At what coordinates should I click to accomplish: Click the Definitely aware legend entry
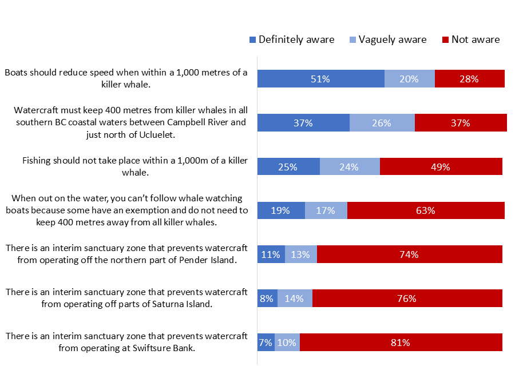pyautogui.click(x=292, y=39)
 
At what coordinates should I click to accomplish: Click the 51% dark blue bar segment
pyautogui.click(x=320, y=79)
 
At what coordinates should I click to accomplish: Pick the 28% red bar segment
pyautogui.click(x=469, y=79)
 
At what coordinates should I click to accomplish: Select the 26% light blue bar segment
pyautogui.click(x=382, y=123)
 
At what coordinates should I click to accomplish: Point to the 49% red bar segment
pyautogui.click(x=441, y=166)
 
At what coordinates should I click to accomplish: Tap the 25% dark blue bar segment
pyautogui.click(x=288, y=166)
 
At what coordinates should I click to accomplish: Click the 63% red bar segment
pyautogui.click(x=426, y=210)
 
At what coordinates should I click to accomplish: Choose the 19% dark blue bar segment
pyautogui.click(x=281, y=210)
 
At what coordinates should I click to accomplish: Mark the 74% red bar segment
pyautogui.click(x=409, y=254)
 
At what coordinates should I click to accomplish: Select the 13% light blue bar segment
pyautogui.click(x=300, y=254)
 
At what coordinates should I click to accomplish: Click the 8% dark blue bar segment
pyautogui.click(x=267, y=298)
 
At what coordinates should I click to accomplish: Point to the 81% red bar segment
pyautogui.click(x=401, y=342)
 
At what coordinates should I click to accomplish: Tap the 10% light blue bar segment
pyautogui.click(x=287, y=342)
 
